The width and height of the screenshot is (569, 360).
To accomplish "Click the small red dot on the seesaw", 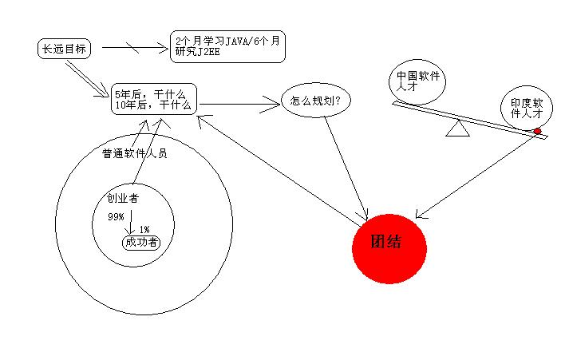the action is click(537, 131).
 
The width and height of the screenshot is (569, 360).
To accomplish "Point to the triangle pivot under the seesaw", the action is click(457, 129).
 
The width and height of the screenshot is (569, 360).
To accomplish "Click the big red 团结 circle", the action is click(389, 248).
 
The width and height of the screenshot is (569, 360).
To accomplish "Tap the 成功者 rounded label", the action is click(141, 243).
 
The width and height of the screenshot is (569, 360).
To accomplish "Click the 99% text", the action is click(116, 217).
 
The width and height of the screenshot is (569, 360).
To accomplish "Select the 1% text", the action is click(144, 229).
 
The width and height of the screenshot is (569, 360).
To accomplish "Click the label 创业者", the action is click(123, 198).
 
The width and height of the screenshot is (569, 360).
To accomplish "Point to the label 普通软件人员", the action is click(135, 153).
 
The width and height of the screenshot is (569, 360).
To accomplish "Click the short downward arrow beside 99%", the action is click(131, 222).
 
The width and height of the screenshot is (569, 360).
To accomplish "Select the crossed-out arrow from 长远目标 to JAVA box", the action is click(135, 48).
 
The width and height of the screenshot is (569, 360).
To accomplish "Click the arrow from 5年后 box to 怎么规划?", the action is click(239, 105).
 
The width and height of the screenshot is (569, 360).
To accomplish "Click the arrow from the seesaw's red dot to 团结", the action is click(476, 176).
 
